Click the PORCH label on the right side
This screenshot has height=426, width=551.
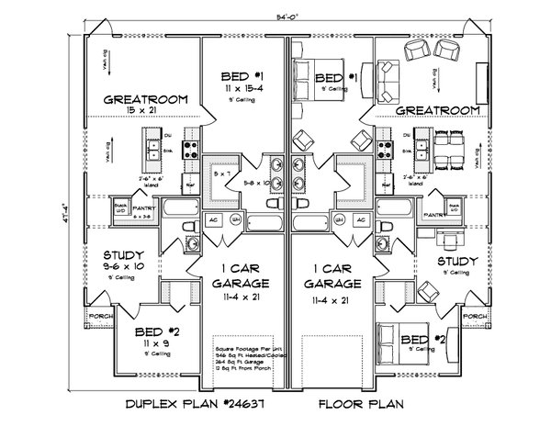coord(472,318)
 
